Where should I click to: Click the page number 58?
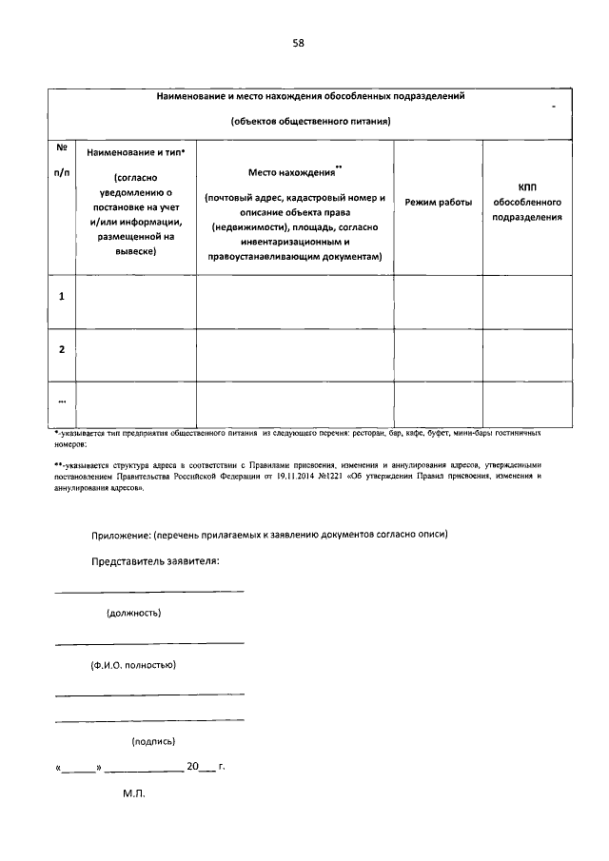298,43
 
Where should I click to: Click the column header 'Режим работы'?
438,204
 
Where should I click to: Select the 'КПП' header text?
527,186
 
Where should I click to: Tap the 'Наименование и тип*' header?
136,152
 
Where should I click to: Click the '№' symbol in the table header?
62,147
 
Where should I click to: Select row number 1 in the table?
62,296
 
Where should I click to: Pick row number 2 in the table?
62,349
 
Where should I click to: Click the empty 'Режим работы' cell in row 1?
438,302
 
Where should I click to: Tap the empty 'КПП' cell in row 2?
527,355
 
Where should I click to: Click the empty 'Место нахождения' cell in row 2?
295,355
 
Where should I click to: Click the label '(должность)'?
133,613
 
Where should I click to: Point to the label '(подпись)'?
152,741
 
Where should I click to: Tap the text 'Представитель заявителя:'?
155,560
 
